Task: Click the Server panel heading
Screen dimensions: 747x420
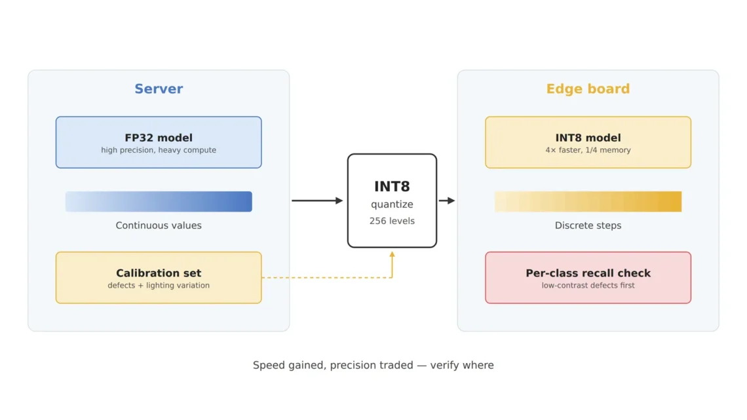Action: (159, 89)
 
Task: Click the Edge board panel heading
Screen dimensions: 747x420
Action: (588, 89)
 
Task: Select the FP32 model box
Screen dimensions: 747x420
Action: (159, 142)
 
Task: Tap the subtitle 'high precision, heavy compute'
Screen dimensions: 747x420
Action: (159, 150)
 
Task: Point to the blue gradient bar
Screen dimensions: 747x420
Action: (159, 201)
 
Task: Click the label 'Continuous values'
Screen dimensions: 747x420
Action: (159, 225)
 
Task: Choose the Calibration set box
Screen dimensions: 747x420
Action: (159, 278)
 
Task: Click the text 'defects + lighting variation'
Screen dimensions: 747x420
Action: (159, 285)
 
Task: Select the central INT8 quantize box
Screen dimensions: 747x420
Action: (392, 200)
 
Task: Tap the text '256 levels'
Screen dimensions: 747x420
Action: (392, 221)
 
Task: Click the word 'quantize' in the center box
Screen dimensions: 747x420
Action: (392, 205)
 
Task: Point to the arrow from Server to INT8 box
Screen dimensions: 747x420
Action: (317, 200)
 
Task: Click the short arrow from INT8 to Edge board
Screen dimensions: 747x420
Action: (447, 200)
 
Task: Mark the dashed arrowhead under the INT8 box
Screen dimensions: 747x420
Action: (392, 255)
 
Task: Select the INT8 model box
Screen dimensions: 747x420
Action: (588, 142)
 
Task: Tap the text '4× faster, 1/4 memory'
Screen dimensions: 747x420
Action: (588, 150)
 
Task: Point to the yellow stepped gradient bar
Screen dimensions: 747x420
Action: (588, 201)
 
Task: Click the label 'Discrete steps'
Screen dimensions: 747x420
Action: (588, 225)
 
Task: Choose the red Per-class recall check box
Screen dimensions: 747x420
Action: (588, 278)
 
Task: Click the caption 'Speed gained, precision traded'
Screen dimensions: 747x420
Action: (333, 365)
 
